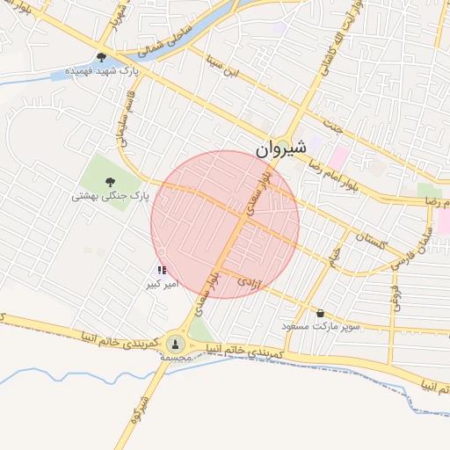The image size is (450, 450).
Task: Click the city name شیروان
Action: [282, 150]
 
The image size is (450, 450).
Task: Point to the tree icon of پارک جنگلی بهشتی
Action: [110, 182]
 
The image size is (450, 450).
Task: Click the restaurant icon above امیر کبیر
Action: [161, 271]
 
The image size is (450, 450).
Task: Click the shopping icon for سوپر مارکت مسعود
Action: [320, 313]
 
